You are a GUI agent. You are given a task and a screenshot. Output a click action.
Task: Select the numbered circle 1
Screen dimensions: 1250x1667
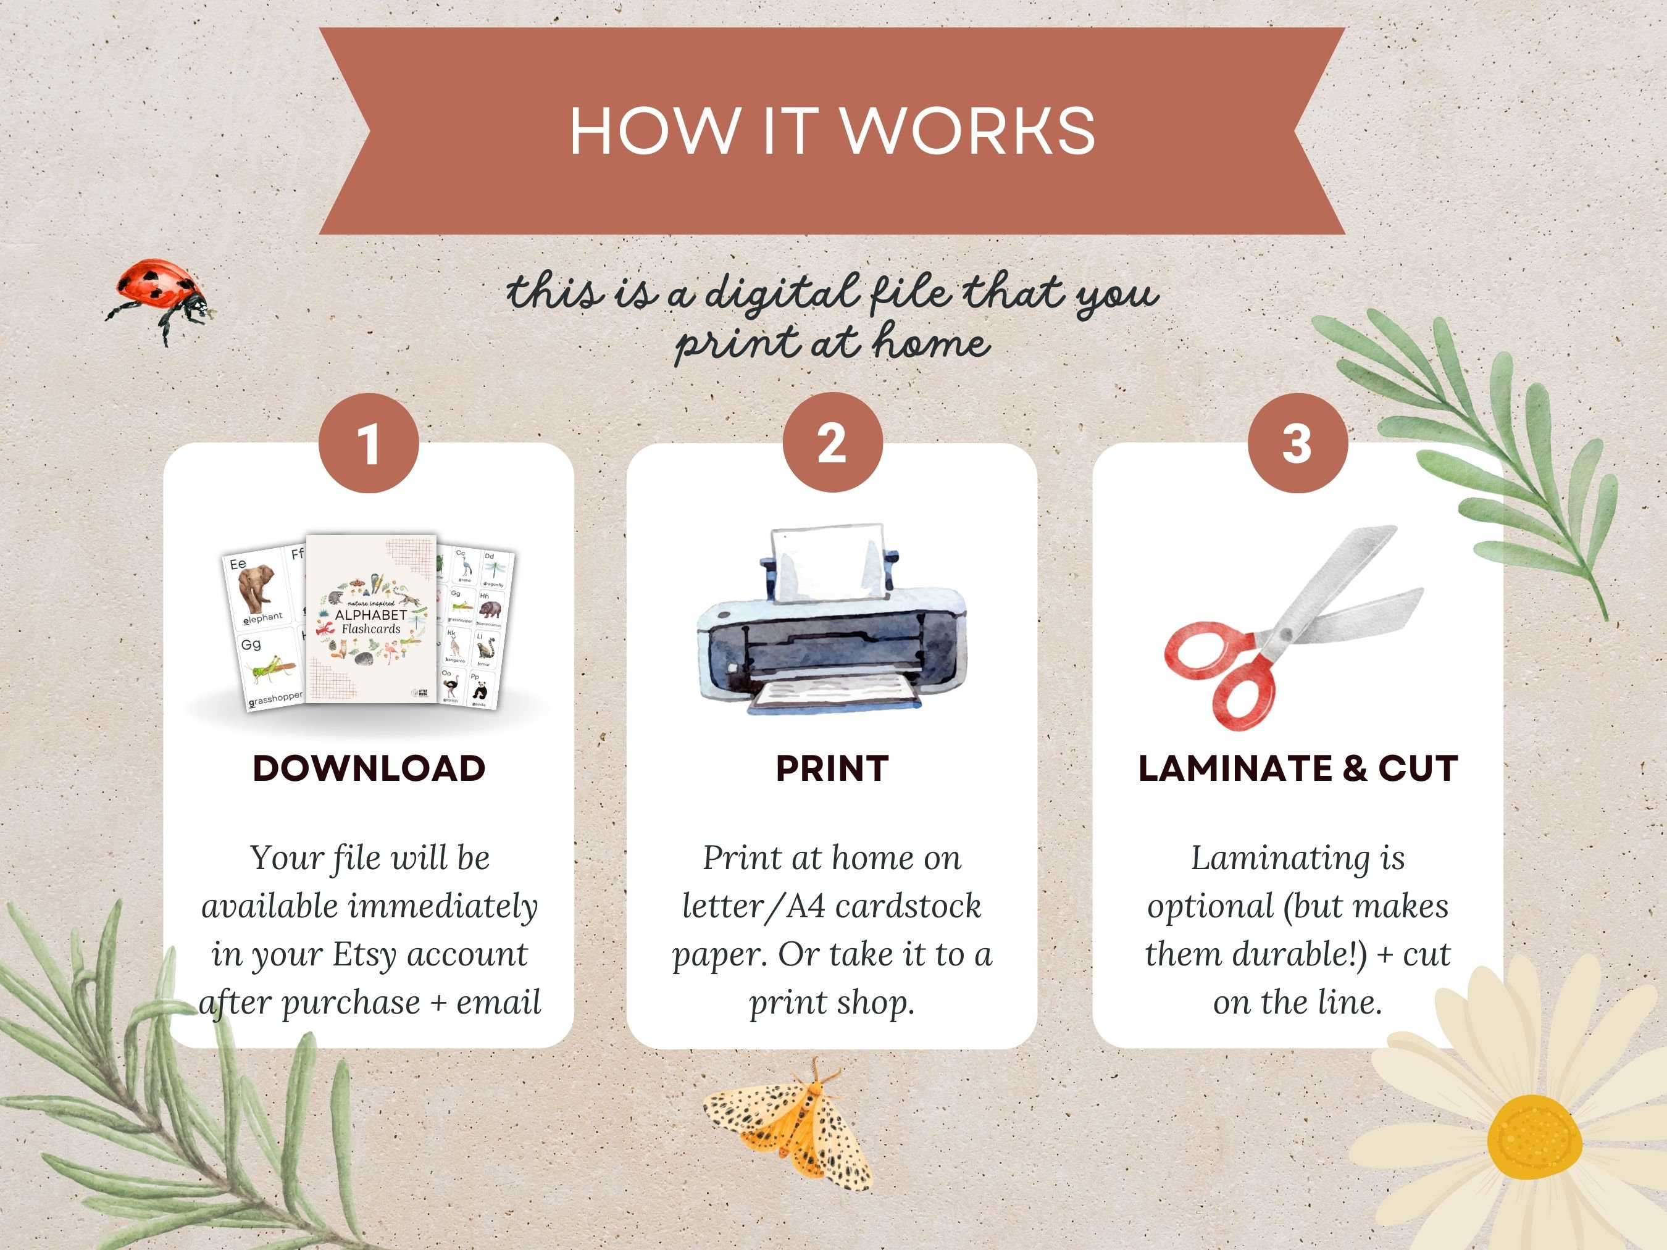pos(369,443)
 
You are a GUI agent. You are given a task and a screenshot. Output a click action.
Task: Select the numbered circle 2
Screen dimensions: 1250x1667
pos(832,443)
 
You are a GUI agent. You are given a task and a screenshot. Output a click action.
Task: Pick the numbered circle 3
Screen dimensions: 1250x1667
pos(1297,443)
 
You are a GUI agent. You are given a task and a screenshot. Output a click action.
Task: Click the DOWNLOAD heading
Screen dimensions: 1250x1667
pos(369,769)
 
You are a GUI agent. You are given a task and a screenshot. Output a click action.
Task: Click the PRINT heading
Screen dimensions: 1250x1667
pos(832,769)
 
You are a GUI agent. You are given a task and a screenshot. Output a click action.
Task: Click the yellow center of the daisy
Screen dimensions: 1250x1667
pos(1534,1138)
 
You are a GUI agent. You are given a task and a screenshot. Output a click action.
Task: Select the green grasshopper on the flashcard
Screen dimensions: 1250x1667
pos(267,669)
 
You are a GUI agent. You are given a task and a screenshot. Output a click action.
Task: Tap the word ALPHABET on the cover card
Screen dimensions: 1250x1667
pos(370,615)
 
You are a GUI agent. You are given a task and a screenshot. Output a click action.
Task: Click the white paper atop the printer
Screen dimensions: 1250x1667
pos(827,563)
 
